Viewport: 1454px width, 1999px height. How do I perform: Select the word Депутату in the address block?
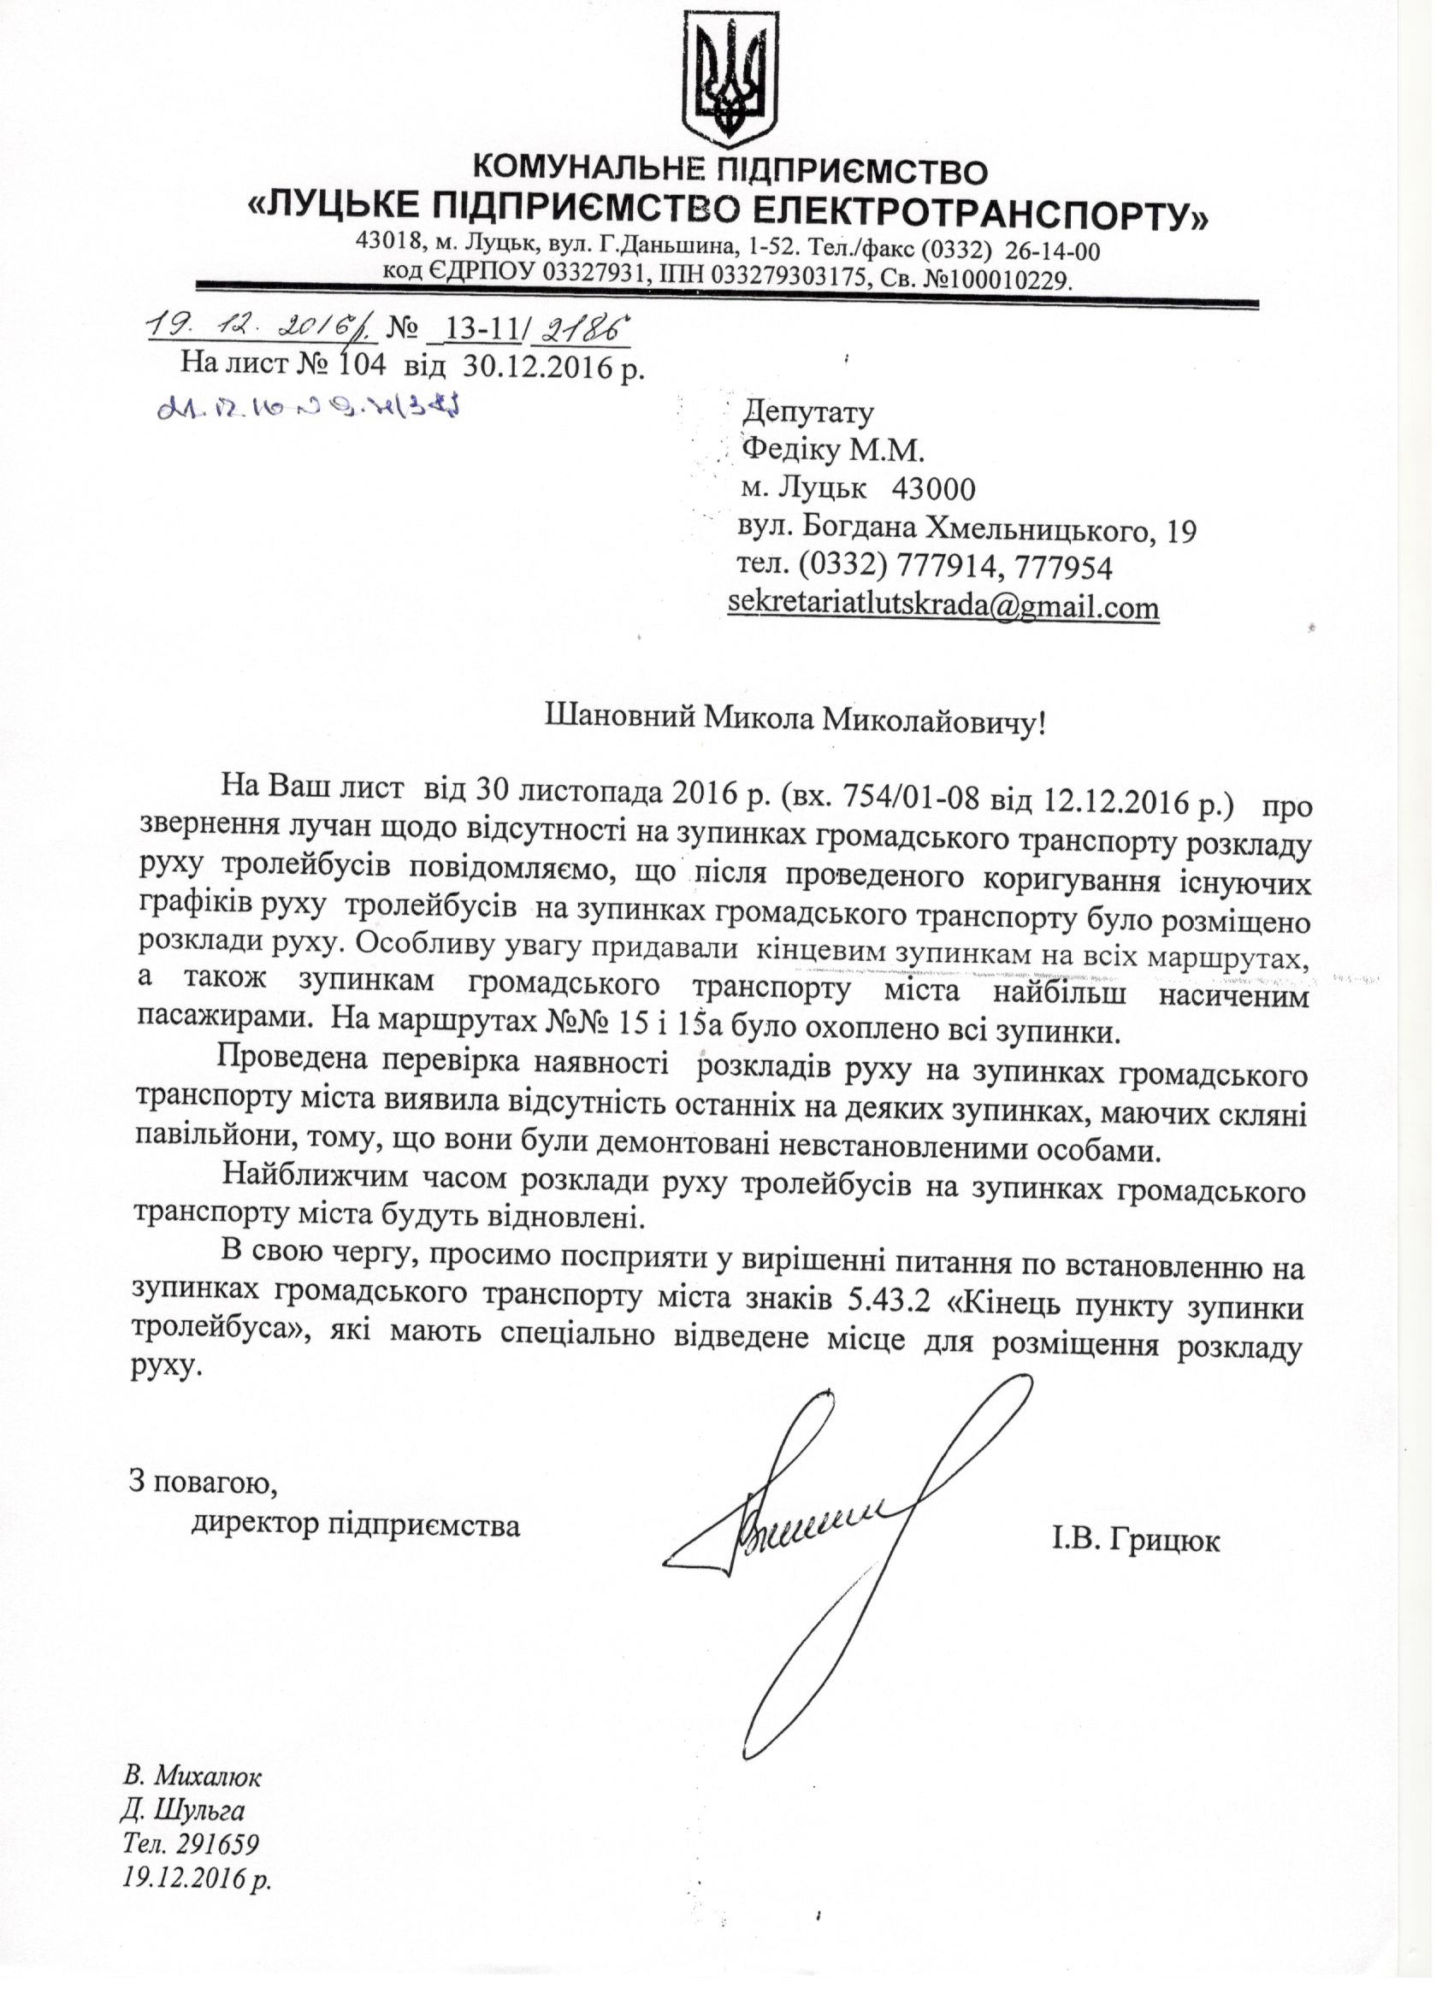[x=808, y=411]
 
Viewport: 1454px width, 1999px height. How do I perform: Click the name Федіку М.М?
[x=832, y=451]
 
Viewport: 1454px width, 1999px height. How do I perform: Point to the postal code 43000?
[x=934, y=488]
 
